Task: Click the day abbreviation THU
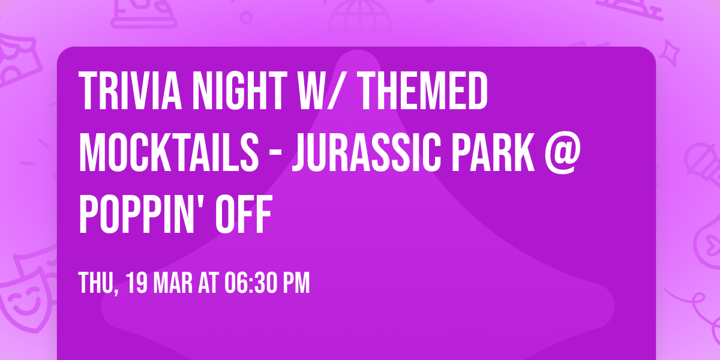[x=96, y=283]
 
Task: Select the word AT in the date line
[x=208, y=283]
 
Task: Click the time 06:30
[x=250, y=283]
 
